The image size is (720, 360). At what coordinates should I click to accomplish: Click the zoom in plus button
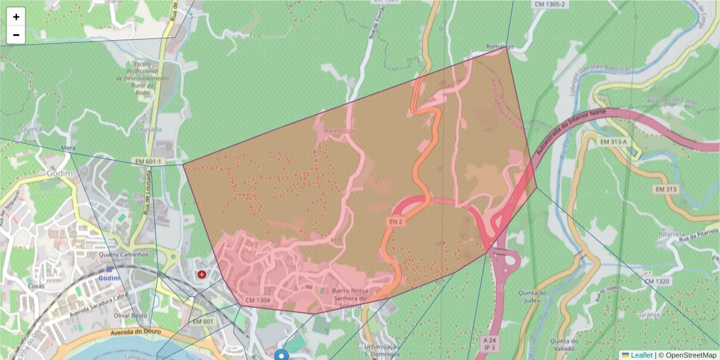[x=16, y=17]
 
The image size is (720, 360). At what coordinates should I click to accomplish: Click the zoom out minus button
[x=16, y=35]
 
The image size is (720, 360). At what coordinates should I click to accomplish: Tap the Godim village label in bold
[x=59, y=173]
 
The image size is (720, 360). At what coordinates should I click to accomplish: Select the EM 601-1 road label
[x=148, y=162]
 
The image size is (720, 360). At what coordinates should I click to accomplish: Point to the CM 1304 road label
[x=258, y=300]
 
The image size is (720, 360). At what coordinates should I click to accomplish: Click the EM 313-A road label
[x=613, y=142]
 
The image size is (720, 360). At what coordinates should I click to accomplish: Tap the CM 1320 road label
[x=657, y=281]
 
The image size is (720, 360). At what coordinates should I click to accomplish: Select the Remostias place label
[x=340, y=130]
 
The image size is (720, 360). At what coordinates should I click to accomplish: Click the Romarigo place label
[x=500, y=46]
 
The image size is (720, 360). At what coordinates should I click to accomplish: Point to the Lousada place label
[x=148, y=129]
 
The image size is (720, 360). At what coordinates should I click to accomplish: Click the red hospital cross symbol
[x=202, y=274]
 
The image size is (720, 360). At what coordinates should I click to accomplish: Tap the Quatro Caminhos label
[x=122, y=254]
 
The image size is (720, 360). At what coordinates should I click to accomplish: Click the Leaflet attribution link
[x=637, y=355]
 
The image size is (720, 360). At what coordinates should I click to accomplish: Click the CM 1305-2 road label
[x=550, y=4]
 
